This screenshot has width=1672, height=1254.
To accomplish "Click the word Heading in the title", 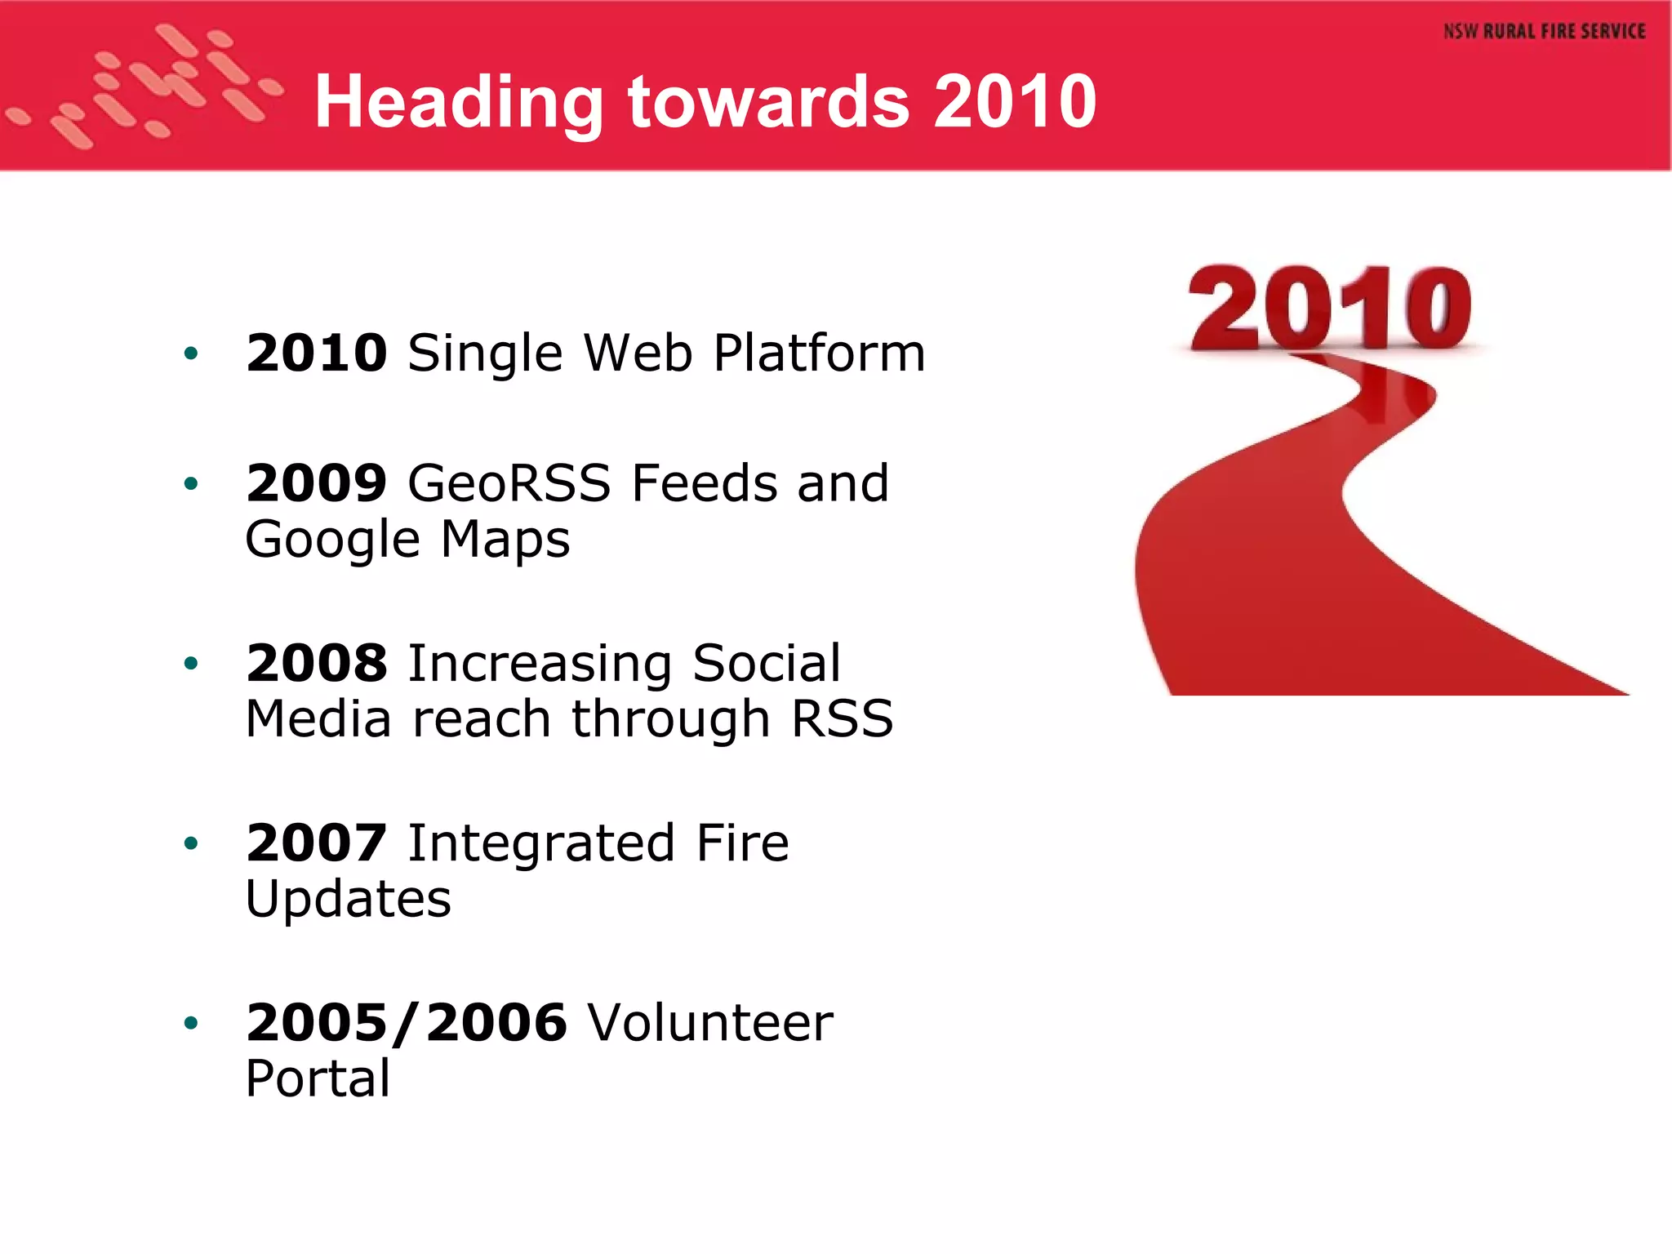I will pyautogui.click(x=458, y=103).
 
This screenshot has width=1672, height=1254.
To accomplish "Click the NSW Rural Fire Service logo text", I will pyautogui.click(x=1544, y=32).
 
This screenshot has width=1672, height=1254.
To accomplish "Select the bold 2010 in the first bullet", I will pyautogui.click(x=317, y=353).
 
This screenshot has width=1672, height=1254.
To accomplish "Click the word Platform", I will pyautogui.click(x=819, y=353).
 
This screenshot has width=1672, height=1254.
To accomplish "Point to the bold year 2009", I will pyautogui.click(x=317, y=482).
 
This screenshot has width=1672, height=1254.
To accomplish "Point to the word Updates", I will pyautogui.click(x=348, y=900).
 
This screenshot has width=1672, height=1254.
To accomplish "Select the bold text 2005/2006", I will pyautogui.click(x=406, y=1022).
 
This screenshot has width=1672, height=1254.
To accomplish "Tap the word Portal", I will pyautogui.click(x=318, y=1079).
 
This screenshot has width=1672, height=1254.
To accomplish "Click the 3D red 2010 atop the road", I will pyautogui.click(x=1329, y=309).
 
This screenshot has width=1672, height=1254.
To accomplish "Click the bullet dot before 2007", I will pyautogui.click(x=191, y=843).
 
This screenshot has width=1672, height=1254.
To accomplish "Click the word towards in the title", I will pyautogui.click(x=768, y=103).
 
